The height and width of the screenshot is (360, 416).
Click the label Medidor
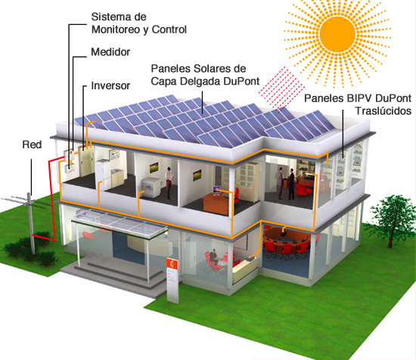coord(110,52)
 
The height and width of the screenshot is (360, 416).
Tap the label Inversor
coord(110,85)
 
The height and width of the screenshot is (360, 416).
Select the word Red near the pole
coord(32,144)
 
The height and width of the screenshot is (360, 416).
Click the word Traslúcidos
coord(383,110)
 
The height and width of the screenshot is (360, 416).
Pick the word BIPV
coord(359,98)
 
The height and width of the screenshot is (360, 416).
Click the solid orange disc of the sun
coord(337,34)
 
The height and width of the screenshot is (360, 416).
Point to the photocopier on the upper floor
coord(151,187)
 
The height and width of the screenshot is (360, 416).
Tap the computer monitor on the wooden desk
coord(216,191)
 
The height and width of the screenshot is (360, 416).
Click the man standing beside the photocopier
coord(169,181)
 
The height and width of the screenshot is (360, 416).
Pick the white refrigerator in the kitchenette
coord(103,175)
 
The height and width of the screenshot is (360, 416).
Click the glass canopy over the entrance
coord(120,223)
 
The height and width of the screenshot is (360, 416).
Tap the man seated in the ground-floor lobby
coord(213,256)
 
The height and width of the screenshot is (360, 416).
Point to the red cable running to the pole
coord(52,198)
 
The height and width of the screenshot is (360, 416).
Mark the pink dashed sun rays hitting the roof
coord(282,89)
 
